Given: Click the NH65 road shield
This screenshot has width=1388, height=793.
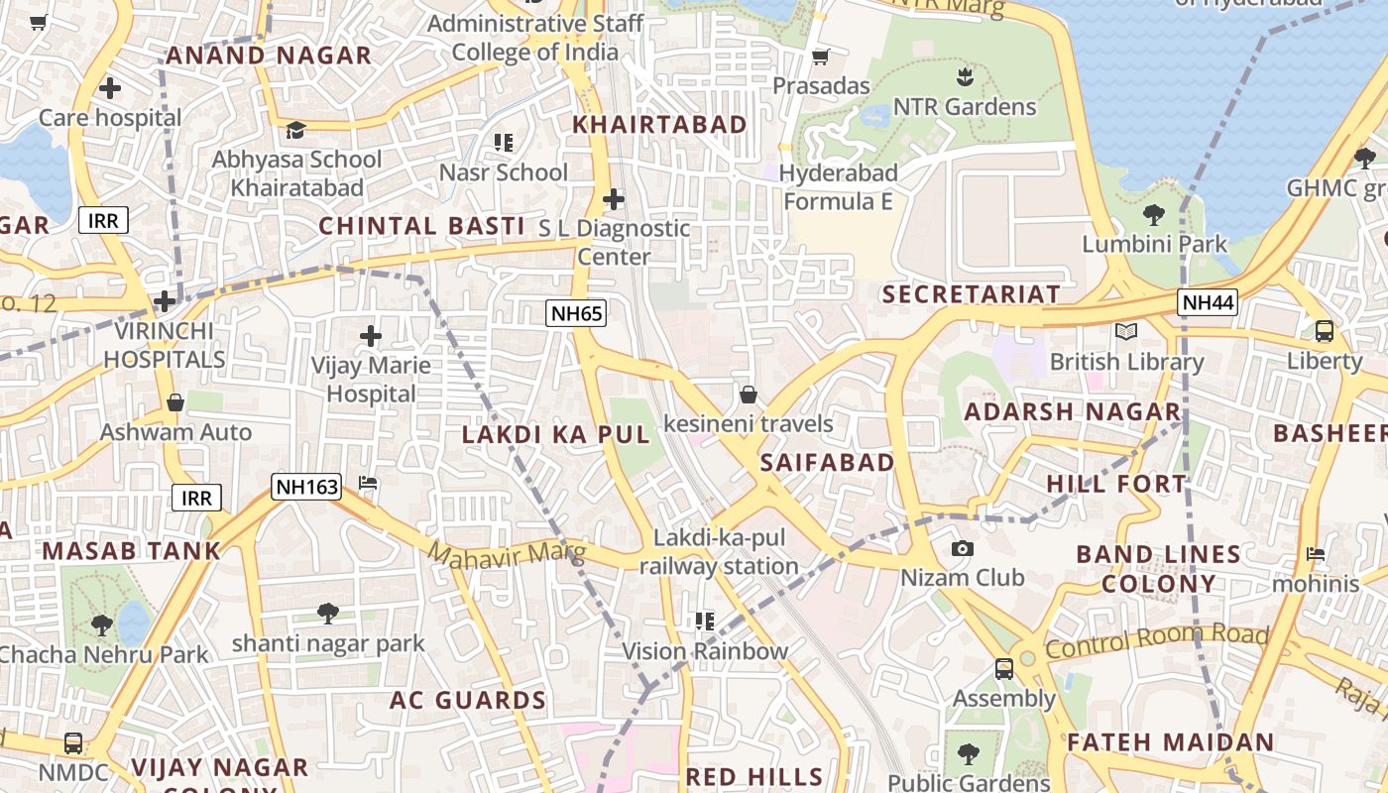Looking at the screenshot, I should (x=576, y=314).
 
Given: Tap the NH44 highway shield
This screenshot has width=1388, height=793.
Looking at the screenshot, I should (x=1208, y=302).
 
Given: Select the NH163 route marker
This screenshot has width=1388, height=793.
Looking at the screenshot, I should (x=307, y=487).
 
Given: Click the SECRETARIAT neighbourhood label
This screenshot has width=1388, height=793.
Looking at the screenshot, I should (x=971, y=294).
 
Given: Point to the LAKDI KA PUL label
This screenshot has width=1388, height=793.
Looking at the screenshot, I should (x=556, y=434).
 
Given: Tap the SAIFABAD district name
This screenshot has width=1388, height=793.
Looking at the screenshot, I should (x=827, y=463).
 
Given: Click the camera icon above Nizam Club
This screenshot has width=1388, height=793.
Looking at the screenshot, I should (x=962, y=549).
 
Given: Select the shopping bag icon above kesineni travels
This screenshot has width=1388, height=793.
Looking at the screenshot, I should (x=749, y=396).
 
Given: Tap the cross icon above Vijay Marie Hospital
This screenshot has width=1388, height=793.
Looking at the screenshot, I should (x=371, y=336).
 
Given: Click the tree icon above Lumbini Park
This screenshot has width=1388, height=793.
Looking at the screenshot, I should (x=1153, y=215).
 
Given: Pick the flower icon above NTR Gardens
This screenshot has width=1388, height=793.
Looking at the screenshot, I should (x=964, y=76).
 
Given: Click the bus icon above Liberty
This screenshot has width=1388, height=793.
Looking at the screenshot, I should (x=1324, y=331).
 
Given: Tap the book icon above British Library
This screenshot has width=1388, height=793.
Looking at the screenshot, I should (x=1125, y=331).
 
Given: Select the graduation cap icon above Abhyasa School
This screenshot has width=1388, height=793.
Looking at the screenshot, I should (x=295, y=130).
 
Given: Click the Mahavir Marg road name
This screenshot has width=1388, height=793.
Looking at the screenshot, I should (x=507, y=553).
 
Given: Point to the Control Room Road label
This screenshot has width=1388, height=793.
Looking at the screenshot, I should (x=1156, y=641).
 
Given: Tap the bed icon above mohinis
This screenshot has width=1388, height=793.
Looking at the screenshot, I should (x=1316, y=554).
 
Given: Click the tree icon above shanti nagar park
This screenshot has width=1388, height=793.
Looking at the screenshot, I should (x=327, y=614).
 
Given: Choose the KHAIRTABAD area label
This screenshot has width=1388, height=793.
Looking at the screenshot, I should (x=660, y=125).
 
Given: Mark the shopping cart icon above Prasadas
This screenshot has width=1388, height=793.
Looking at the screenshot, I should (x=820, y=57).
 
